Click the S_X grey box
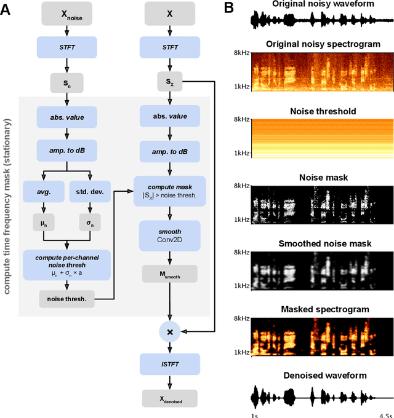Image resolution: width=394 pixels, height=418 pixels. coord(169,82)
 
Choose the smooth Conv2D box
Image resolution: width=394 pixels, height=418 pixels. coord(169,236)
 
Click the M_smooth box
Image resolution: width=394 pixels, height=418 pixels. coord(169,274)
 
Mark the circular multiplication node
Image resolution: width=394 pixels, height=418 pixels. coord(169,331)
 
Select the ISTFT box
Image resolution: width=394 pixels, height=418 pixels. coord(169,365)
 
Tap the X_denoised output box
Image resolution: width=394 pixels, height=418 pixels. coord(169,398)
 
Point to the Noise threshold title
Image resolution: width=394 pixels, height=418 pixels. coord(315,112)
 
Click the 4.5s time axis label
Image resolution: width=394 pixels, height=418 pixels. coord(385,415)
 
